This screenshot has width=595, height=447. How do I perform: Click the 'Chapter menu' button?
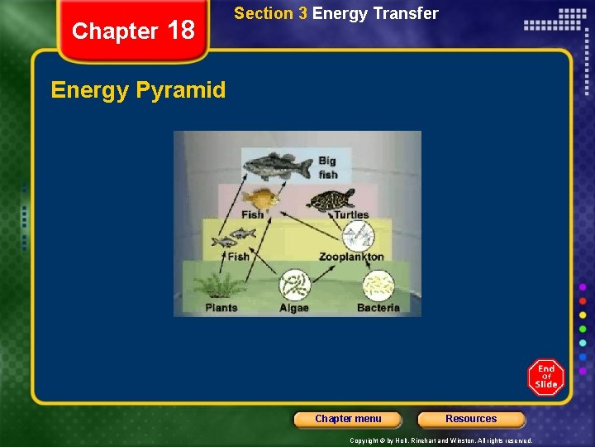tap(348, 419)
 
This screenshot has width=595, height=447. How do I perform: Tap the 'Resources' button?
tap(471, 419)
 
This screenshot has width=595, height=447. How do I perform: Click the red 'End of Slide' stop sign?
tap(546, 377)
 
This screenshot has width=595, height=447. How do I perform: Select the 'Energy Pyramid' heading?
tap(138, 90)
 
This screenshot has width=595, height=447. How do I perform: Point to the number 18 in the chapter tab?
tap(181, 31)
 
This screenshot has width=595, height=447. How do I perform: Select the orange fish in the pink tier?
tap(259, 199)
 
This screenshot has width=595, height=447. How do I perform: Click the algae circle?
tap(293, 286)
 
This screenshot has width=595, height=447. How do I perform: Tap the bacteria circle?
tap(378, 286)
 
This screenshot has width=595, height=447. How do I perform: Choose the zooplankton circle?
tap(358, 236)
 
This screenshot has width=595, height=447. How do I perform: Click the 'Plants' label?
tap(221, 308)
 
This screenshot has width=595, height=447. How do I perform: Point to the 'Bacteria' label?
tap(378, 308)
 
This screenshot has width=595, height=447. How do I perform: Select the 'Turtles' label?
tap(351, 215)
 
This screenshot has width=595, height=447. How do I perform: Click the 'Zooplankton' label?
tap(351, 257)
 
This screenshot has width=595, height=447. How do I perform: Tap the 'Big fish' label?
tap(328, 167)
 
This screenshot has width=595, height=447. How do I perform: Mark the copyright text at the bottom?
tap(440, 440)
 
